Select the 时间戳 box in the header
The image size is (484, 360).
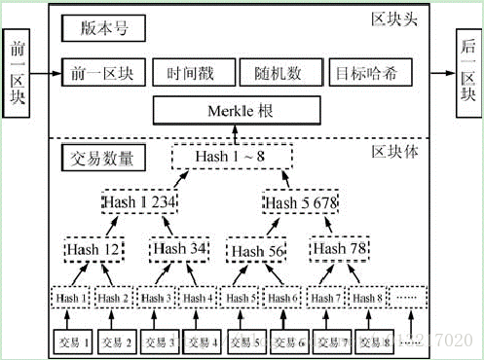190,73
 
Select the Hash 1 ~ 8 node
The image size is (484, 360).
231,155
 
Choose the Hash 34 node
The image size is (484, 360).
177,250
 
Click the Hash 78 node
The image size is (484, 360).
340,250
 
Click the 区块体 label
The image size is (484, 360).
395,154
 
